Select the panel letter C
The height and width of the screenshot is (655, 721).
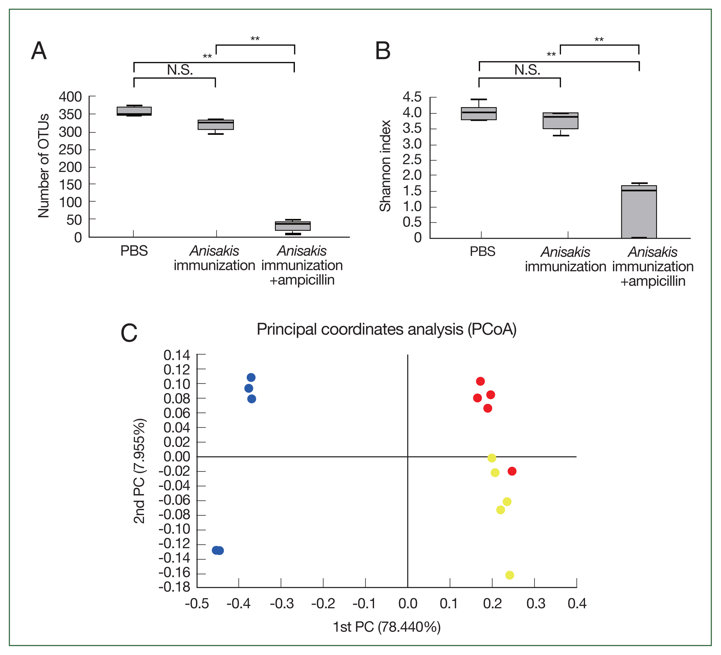point(129,333)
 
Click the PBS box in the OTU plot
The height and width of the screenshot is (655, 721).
point(134,111)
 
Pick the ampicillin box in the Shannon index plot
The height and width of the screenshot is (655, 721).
point(639,212)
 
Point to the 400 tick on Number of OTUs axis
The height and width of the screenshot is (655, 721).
point(70,97)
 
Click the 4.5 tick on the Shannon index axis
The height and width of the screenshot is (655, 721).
point(412,97)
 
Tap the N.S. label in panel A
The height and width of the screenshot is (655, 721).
point(180,70)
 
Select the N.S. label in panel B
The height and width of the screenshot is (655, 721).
point(527,70)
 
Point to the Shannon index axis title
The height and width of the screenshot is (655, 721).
point(385,166)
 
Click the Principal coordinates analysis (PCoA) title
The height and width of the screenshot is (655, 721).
point(387,329)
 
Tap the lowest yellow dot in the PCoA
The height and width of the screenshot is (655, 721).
point(510,575)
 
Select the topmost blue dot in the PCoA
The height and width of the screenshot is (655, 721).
point(251,377)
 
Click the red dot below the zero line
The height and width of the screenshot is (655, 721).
point(512,471)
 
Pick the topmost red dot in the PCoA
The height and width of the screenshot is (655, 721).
point(480,381)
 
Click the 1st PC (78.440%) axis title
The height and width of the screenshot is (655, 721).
point(387,627)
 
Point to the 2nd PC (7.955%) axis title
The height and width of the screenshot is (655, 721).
point(139,471)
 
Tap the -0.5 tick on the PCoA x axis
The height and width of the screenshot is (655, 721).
point(197,604)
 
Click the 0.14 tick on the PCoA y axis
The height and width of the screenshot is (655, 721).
point(177,355)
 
